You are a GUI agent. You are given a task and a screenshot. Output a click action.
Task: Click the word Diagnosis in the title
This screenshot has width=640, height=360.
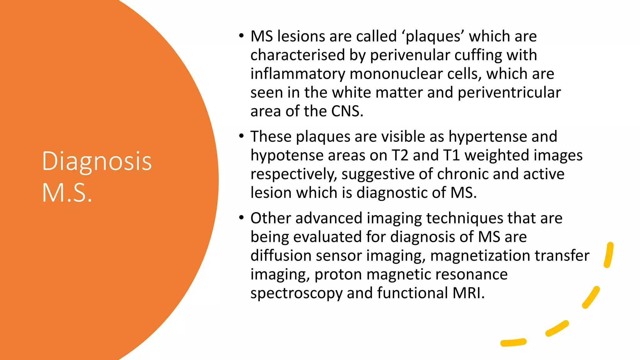(x=97, y=161)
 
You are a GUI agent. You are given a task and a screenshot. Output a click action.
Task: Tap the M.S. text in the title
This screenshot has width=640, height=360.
(x=67, y=193)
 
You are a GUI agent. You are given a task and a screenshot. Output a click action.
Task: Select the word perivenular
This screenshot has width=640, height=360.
(x=410, y=55)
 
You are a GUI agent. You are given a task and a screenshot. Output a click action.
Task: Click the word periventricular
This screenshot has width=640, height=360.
(x=509, y=93)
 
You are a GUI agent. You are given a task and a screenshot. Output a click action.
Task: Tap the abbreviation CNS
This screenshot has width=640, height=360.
(x=347, y=111)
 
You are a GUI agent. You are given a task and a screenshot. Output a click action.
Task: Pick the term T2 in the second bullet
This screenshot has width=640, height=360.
(x=400, y=155)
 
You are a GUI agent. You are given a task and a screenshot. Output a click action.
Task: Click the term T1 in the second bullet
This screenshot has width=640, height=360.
(x=451, y=155)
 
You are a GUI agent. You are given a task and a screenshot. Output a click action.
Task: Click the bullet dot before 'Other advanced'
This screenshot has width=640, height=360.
(x=241, y=218)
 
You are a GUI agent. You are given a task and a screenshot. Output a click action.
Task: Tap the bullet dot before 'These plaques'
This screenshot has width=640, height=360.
(x=241, y=136)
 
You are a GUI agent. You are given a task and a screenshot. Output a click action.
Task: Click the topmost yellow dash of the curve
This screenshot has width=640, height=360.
(x=609, y=255)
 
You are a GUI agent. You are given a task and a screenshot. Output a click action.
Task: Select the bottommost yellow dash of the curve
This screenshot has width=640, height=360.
(x=513, y=342)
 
